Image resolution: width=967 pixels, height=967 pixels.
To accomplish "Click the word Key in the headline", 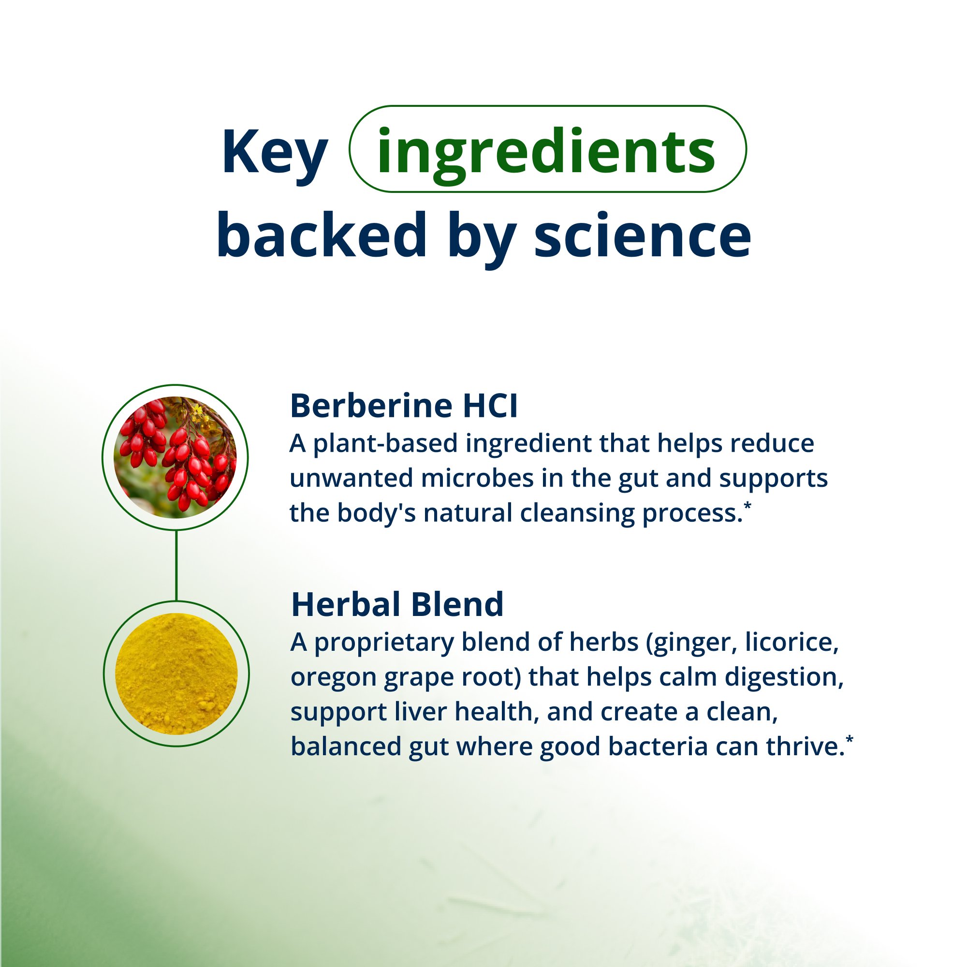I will pos(274,152).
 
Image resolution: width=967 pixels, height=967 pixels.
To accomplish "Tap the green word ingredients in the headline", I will pos(546,151).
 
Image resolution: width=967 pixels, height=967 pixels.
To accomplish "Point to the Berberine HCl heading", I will pos(403,406).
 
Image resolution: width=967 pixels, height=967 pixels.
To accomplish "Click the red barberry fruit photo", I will pos(175,457).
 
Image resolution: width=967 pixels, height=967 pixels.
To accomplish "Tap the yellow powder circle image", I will pos(176,673).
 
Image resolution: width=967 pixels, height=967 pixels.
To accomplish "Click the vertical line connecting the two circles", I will pos(176,565).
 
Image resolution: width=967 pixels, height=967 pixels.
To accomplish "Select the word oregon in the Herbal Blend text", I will pos(333,678).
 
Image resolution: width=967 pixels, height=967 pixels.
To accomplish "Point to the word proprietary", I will pos(383,643).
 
